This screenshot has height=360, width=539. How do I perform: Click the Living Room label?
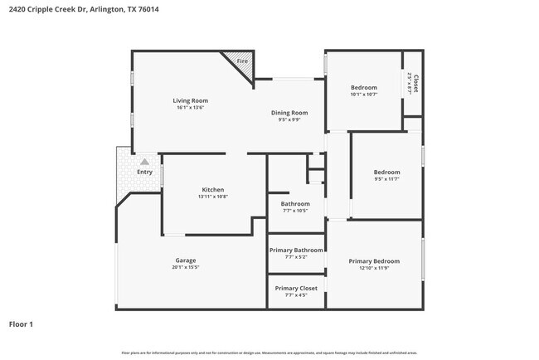[190, 100]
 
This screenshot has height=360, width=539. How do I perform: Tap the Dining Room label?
[289, 113]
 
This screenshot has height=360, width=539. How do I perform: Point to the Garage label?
[186, 260]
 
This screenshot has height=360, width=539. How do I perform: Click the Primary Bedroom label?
[374, 261]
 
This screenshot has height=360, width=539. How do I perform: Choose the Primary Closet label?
[296, 288]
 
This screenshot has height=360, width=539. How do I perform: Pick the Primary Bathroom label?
[296, 250]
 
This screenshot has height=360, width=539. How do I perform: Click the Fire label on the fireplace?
[242, 61]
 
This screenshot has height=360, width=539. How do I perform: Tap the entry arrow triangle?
[145, 161]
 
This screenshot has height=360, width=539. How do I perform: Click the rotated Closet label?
[415, 83]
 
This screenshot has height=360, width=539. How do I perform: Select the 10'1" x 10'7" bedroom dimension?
[363, 95]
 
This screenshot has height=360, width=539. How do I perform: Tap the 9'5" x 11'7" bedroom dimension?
[386, 179]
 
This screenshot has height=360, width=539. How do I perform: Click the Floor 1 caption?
[21, 324]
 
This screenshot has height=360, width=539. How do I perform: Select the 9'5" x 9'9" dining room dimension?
[289, 119]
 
